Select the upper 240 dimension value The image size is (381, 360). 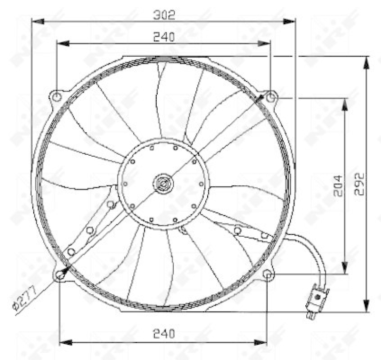(164, 36)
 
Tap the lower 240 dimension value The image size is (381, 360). (164, 333)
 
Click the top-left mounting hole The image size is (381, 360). (57, 97)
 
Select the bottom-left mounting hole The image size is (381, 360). (60, 275)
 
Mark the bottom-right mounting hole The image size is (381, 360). (269, 274)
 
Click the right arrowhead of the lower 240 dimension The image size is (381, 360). (263, 342)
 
